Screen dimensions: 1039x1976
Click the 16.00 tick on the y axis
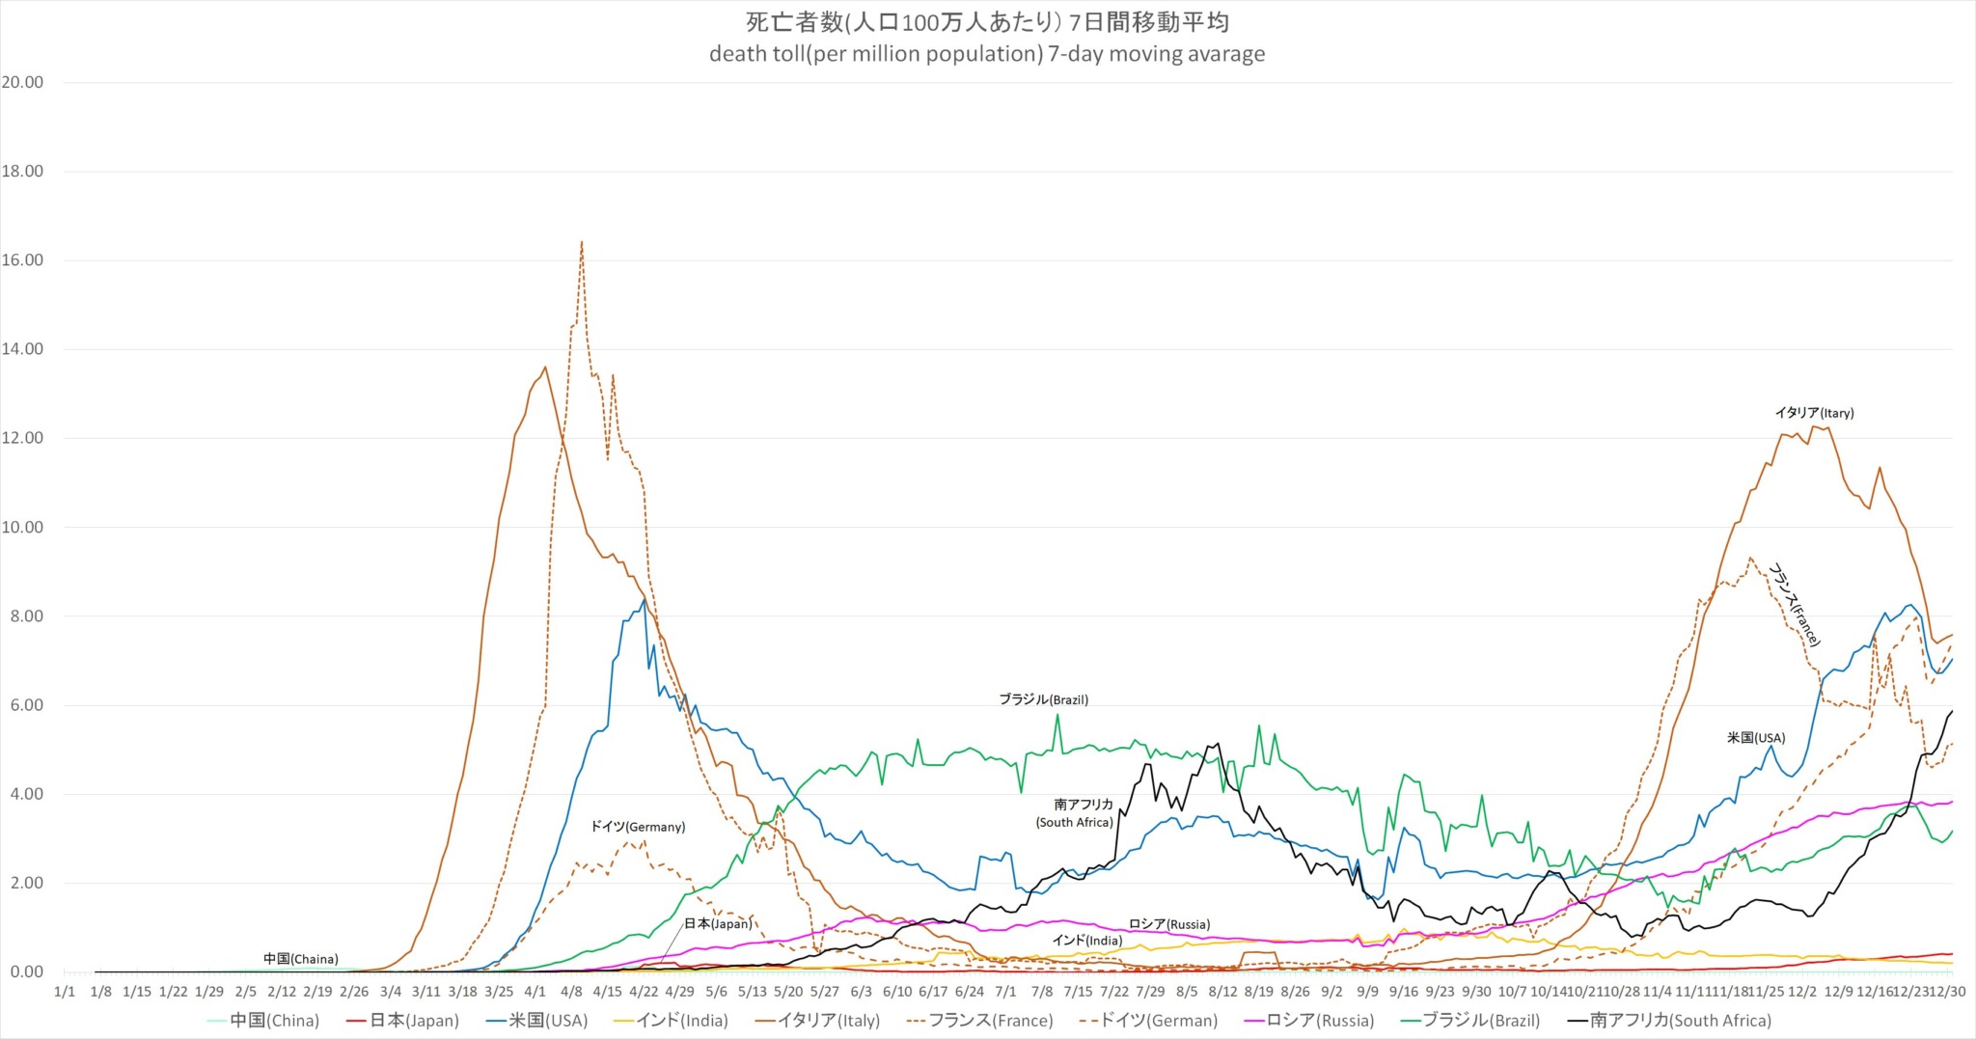click(x=22, y=260)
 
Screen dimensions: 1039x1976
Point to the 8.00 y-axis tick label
click(x=22, y=616)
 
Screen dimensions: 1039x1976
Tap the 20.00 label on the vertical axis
click(x=22, y=83)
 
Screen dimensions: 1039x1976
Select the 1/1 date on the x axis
click(x=65, y=992)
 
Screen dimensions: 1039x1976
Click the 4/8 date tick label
click(x=571, y=992)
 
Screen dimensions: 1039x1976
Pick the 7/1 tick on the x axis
click(x=1005, y=992)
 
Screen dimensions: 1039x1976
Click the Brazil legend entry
click(x=1481, y=1021)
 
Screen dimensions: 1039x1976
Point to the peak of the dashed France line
click(x=581, y=242)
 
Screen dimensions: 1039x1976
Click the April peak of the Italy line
click(x=545, y=368)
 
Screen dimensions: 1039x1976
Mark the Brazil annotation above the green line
click(x=1043, y=699)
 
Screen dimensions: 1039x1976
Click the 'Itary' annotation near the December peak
click(x=1814, y=413)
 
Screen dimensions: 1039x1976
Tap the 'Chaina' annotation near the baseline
click(x=300, y=959)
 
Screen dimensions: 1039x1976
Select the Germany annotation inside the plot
click(x=638, y=827)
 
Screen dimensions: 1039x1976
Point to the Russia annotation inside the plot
click(x=1169, y=924)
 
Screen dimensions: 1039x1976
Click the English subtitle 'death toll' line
click(x=987, y=54)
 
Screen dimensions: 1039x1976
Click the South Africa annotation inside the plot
click(x=1075, y=813)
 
